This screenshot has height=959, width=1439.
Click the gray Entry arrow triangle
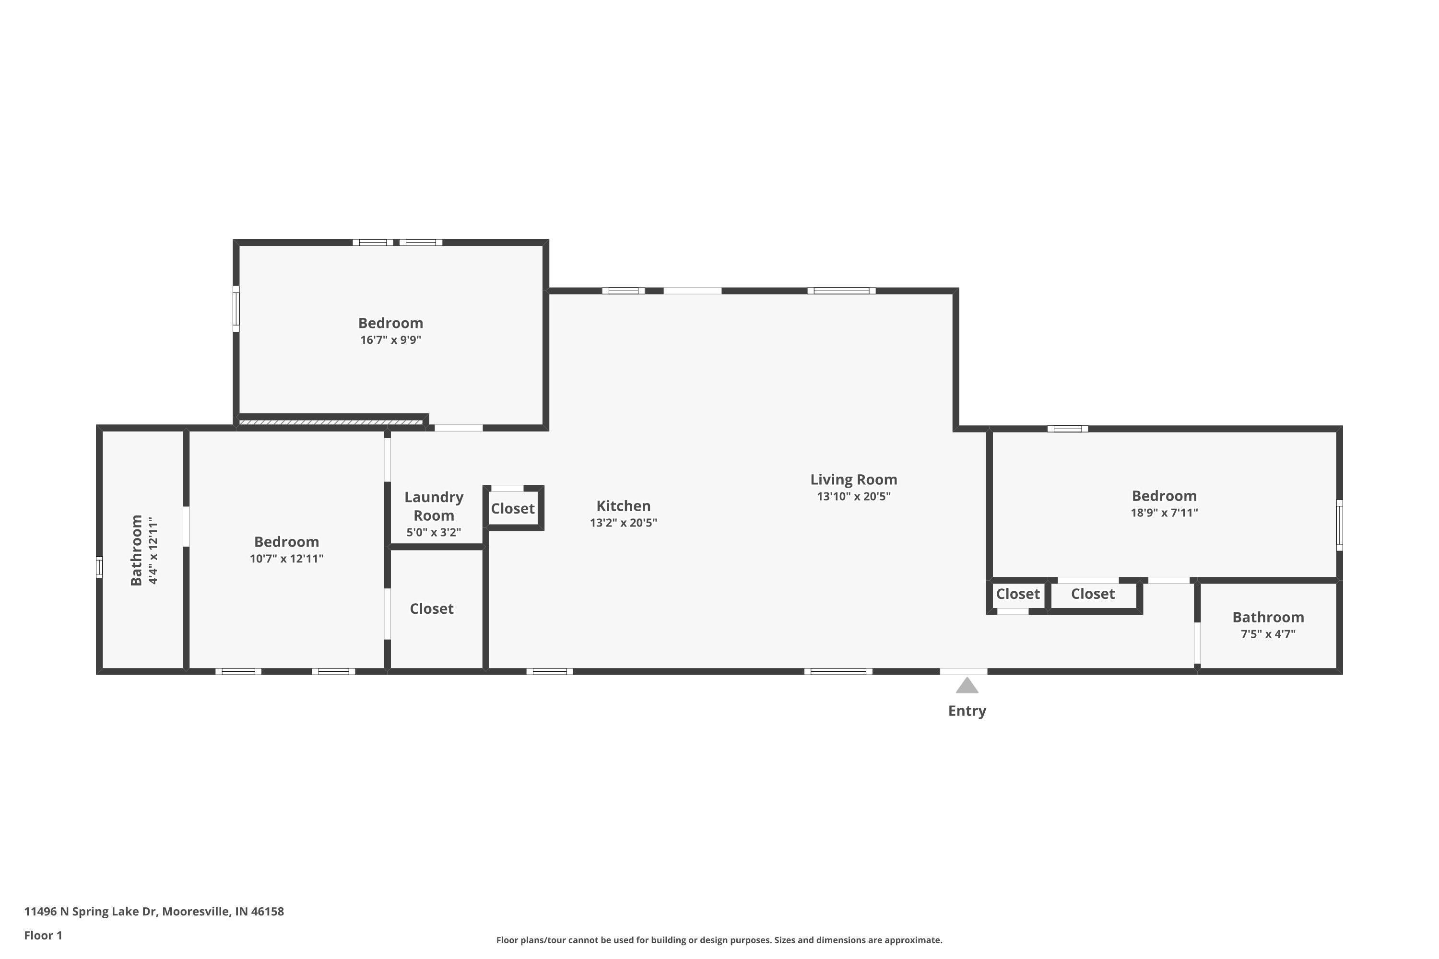(967, 686)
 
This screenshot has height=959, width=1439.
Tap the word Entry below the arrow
(967, 711)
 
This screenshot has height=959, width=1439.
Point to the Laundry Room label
(433, 506)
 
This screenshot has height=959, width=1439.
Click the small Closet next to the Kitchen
(513, 508)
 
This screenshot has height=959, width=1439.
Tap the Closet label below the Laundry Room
(431, 608)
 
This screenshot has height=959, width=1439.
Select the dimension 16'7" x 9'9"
(390, 339)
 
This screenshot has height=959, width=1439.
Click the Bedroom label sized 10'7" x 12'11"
(286, 542)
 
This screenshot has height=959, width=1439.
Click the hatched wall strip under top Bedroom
(330, 422)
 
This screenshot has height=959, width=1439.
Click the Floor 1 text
(43, 935)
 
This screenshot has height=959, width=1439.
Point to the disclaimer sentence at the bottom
(719, 940)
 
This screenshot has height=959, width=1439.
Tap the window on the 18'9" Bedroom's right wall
(1339, 525)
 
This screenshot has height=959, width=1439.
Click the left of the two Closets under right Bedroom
(1017, 594)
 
